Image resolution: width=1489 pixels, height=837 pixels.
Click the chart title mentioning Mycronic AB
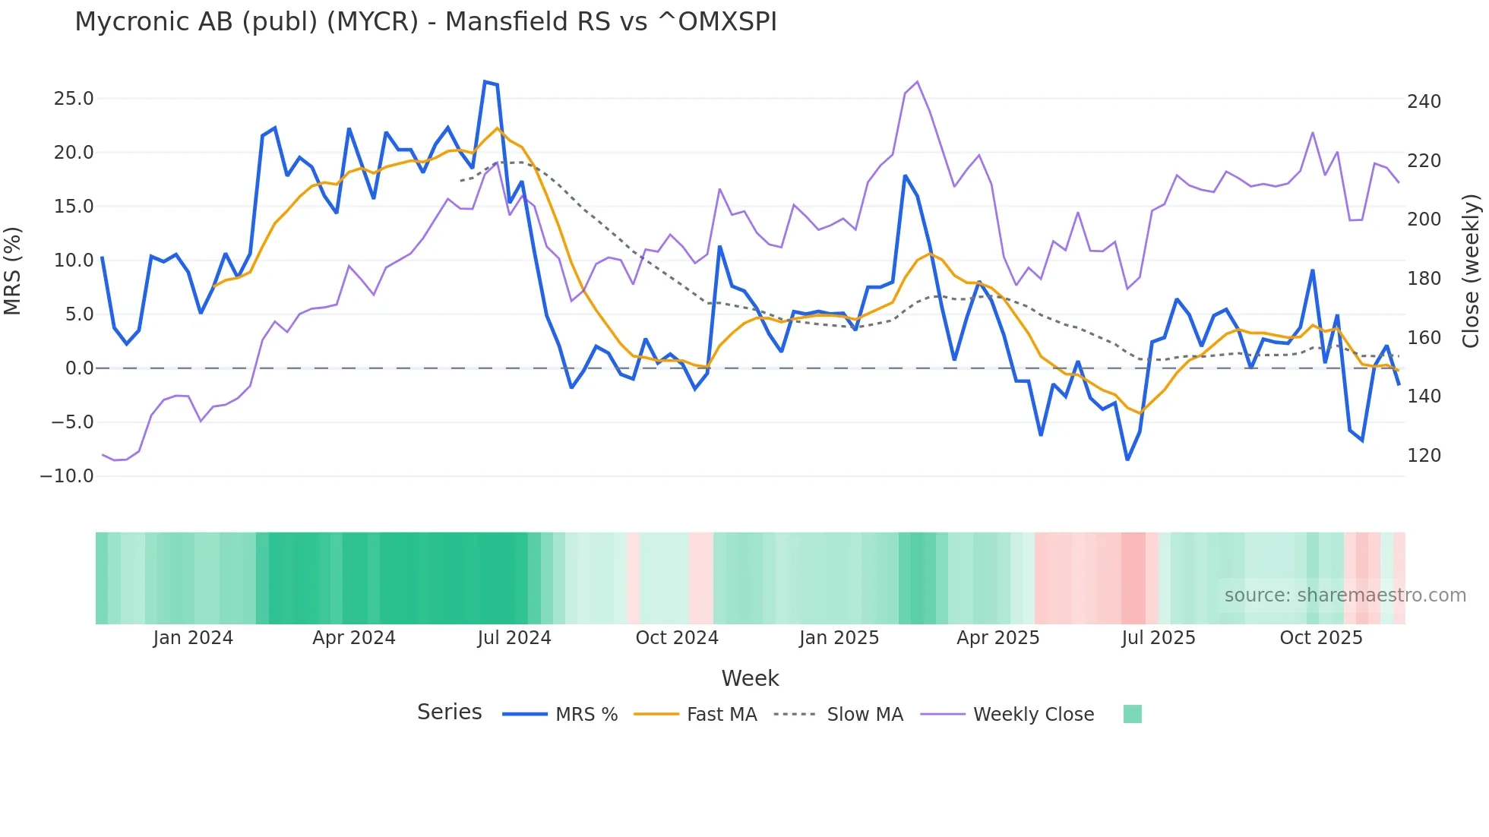point(425,22)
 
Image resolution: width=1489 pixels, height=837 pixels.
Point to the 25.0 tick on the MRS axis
point(74,99)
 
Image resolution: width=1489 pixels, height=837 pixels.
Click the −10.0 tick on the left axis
point(67,476)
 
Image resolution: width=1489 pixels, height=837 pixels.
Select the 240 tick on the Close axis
point(1424,102)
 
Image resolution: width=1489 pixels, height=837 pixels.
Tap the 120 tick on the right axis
point(1424,456)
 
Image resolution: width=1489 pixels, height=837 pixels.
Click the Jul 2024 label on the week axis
point(514,638)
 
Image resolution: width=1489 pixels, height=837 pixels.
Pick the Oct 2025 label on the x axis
point(1321,638)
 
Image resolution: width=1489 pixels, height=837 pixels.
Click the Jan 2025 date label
point(839,638)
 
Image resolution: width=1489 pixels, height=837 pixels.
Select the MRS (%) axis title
point(13,271)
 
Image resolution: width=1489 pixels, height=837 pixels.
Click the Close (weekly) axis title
point(1472,271)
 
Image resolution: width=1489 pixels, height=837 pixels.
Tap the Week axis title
point(750,678)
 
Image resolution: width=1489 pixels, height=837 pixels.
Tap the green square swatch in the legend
point(1132,714)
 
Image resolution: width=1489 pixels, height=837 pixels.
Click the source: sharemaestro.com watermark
point(1345,595)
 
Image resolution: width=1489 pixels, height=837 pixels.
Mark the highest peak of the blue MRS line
point(485,82)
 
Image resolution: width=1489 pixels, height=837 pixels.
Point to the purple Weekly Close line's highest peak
point(917,82)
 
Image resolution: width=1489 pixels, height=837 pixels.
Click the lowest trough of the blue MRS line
point(1127,460)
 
